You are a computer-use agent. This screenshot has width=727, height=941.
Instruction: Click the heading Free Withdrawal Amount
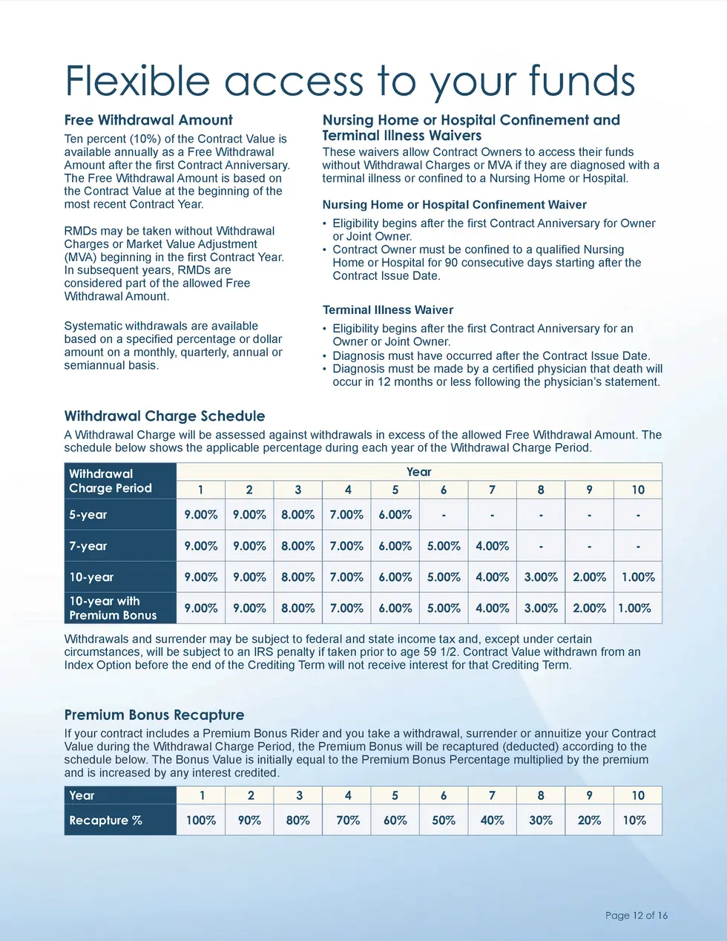click(148, 120)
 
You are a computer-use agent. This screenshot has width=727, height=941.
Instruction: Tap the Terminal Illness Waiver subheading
click(387, 310)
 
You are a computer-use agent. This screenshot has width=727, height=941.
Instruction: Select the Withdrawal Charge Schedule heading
click(165, 416)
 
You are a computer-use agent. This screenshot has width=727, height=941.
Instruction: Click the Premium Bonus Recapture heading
click(154, 715)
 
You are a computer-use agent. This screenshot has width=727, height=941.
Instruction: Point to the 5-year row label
click(88, 515)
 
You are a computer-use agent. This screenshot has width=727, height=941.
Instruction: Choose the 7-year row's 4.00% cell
click(492, 546)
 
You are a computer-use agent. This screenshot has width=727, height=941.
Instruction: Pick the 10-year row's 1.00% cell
click(637, 577)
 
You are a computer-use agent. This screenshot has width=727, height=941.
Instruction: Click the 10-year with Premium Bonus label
click(113, 608)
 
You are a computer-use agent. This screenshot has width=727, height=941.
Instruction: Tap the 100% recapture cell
click(200, 821)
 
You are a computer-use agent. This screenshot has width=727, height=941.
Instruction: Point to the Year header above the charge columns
click(418, 472)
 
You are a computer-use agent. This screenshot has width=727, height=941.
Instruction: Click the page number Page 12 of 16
click(636, 916)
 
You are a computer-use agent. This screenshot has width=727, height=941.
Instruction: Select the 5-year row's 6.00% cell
click(395, 515)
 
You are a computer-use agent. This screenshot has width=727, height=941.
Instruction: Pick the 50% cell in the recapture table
click(444, 821)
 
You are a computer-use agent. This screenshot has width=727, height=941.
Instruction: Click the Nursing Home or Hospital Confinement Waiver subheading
click(454, 205)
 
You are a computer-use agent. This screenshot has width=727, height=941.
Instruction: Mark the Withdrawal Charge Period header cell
click(111, 481)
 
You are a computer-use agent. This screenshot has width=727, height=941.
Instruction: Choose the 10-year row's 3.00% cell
click(541, 577)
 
